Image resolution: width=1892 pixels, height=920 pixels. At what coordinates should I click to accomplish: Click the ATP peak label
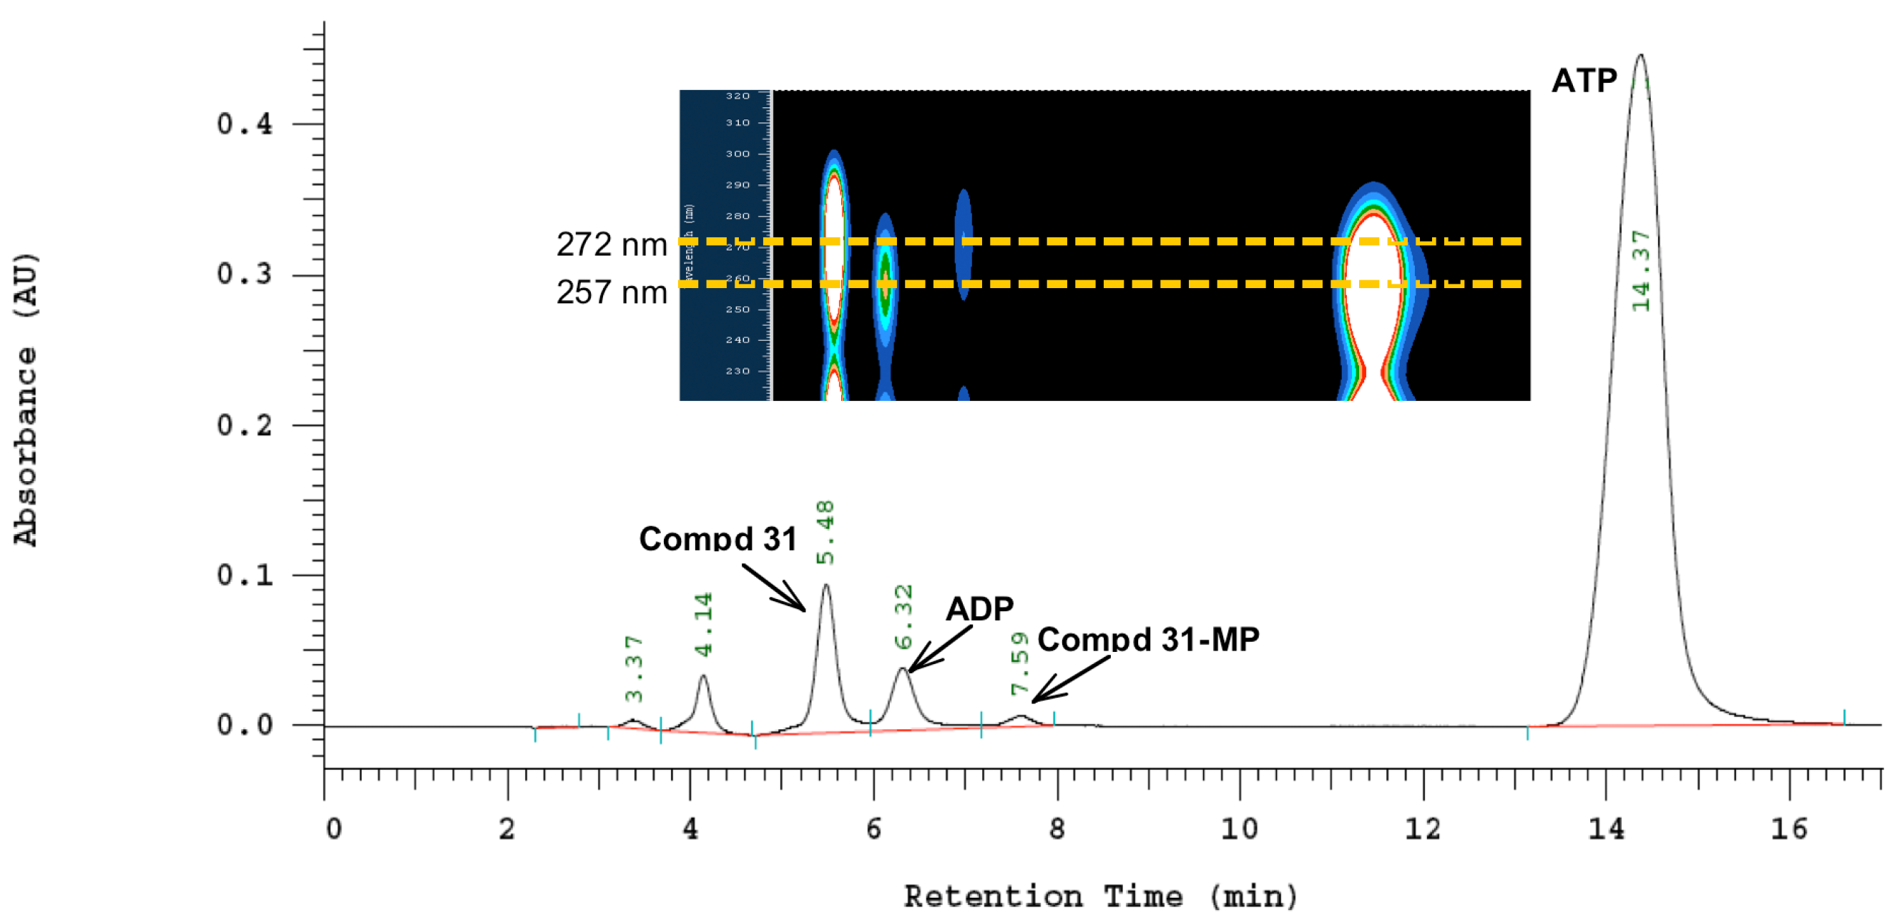pyautogui.click(x=1584, y=81)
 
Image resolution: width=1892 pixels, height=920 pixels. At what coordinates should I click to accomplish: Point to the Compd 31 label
pyautogui.click(x=717, y=539)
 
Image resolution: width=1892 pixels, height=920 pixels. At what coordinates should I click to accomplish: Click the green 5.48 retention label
pyautogui.click(x=825, y=533)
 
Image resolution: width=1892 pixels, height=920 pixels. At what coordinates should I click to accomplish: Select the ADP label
pyautogui.click(x=979, y=608)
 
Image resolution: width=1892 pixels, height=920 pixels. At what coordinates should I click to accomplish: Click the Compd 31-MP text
pyautogui.click(x=1148, y=639)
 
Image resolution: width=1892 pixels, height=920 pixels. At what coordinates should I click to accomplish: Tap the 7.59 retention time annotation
pyautogui.click(x=1019, y=663)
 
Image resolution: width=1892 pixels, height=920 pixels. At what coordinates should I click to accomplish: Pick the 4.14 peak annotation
pyautogui.click(x=703, y=624)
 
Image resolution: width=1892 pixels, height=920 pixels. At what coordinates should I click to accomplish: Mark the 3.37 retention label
pyautogui.click(x=634, y=669)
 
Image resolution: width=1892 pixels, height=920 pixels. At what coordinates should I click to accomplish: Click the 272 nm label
pyautogui.click(x=611, y=244)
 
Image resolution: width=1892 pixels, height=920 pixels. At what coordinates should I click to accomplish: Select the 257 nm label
pyautogui.click(x=611, y=292)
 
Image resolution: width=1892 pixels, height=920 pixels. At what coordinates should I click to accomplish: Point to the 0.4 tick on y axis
pyautogui.click(x=244, y=124)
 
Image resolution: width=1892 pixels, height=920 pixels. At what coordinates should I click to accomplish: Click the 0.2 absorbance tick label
pyautogui.click(x=244, y=425)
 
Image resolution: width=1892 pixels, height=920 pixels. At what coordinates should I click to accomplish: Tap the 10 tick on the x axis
pyautogui.click(x=1239, y=829)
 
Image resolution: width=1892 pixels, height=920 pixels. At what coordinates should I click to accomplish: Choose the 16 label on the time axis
pyautogui.click(x=1788, y=829)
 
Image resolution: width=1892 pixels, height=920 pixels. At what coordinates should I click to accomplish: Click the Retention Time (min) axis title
pyautogui.click(x=1100, y=896)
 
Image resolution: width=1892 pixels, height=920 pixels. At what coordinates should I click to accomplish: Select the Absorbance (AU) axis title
pyautogui.click(x=25, y=400)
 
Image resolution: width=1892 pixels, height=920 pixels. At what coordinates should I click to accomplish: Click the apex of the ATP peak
pyautogui.click(x=1640, y=55)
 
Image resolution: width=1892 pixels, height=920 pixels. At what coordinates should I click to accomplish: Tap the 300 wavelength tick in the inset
pyautogui.click(x=737, y=154)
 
